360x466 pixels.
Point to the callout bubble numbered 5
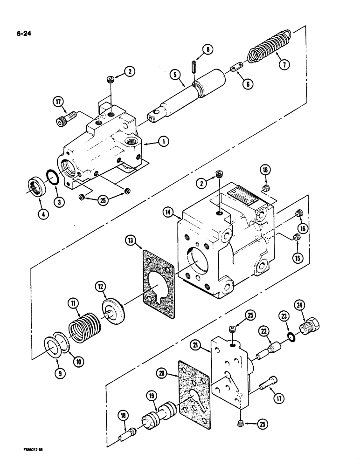coord(175,73)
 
